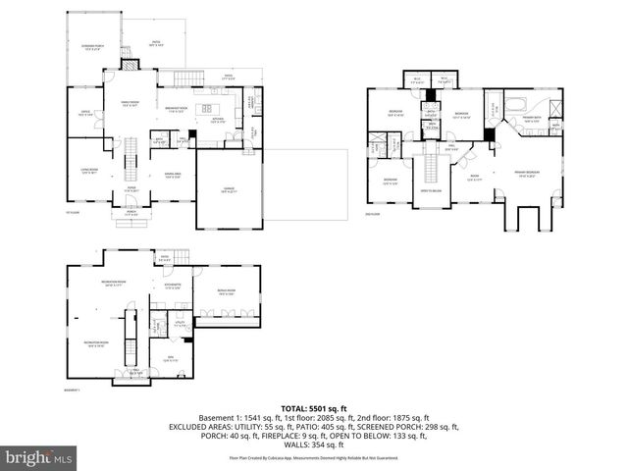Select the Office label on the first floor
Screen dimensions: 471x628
85,114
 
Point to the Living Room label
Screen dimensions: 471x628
89,172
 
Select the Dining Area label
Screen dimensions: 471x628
172,177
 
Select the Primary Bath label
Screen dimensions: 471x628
531,120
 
